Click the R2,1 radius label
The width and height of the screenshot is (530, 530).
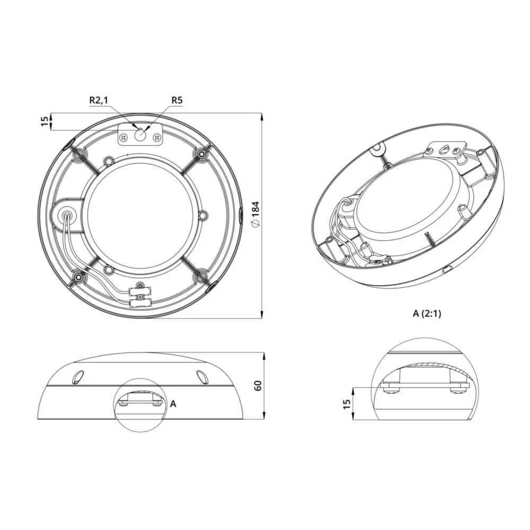click(99, 100)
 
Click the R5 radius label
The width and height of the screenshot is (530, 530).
click(177, 100)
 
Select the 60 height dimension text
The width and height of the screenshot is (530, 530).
click(258, 386)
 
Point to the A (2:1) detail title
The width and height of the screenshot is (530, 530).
click(427, 314)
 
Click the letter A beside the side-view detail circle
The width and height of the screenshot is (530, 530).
click(173, 403)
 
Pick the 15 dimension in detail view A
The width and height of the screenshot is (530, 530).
click(347, 404)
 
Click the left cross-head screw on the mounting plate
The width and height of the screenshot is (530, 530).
click(124, 138)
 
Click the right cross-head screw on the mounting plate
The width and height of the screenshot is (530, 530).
click(156, 138)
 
